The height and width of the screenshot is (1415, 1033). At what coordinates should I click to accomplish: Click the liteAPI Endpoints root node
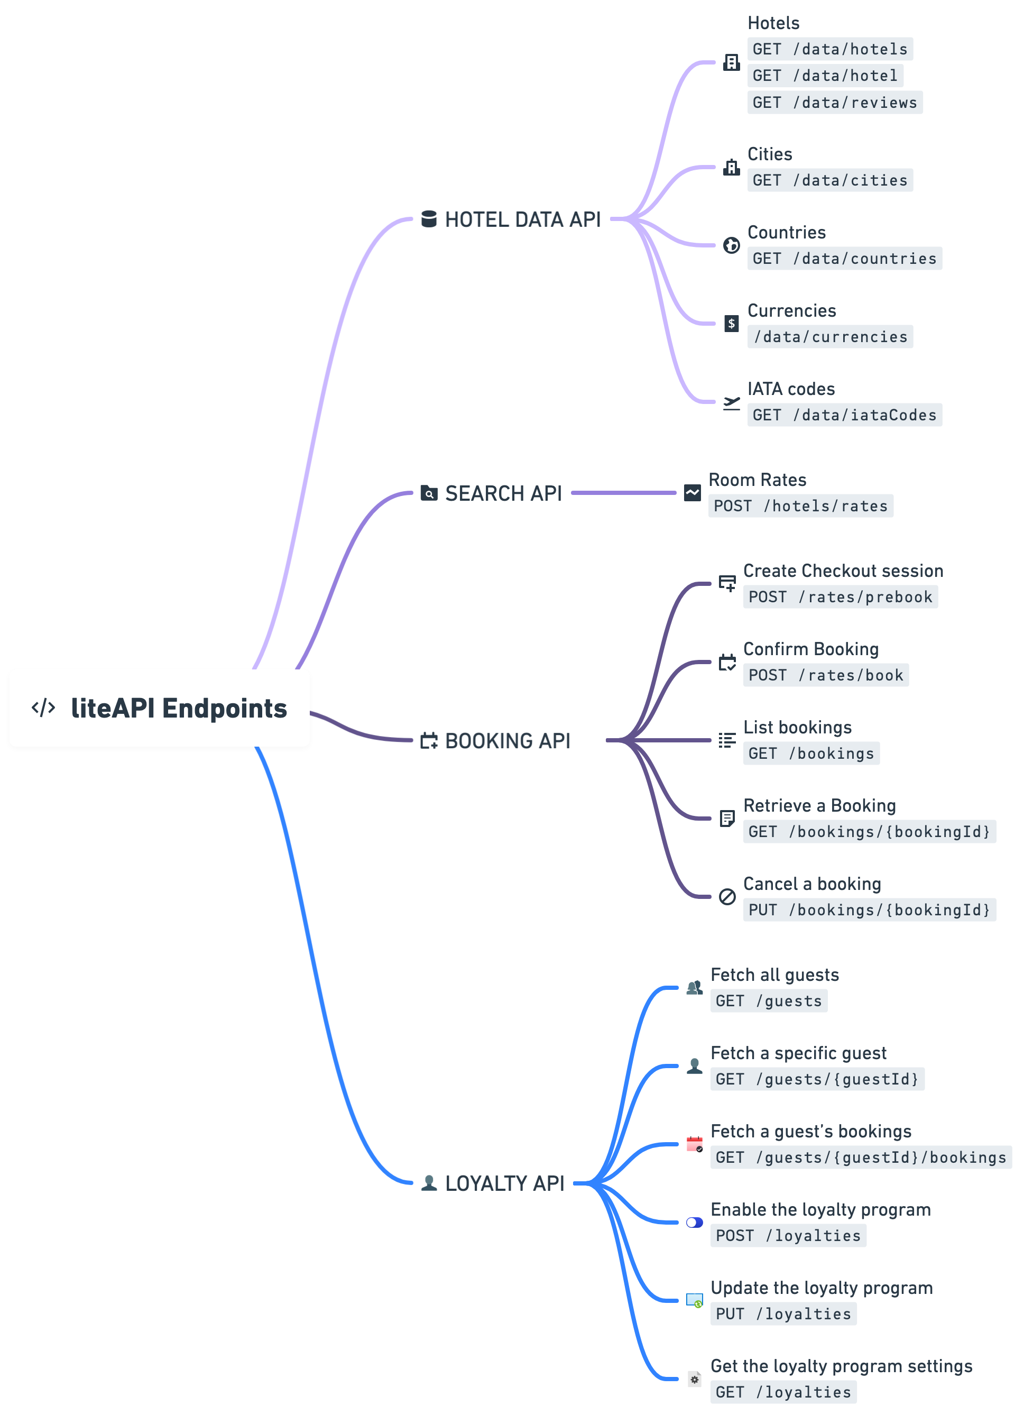[160, 708]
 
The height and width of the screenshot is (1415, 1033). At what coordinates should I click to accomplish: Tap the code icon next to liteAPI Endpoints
[43, 708]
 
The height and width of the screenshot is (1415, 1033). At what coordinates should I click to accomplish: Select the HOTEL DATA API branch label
[522, 219]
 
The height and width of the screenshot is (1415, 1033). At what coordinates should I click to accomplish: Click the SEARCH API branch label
[503, 493]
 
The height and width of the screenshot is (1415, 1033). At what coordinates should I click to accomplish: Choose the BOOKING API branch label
[507, 741]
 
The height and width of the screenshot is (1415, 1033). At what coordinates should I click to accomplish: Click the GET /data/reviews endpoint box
[834, 103]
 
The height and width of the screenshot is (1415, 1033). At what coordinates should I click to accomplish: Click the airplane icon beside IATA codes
[731, 403]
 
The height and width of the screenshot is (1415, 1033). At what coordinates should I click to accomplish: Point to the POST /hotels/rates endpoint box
[800, 506]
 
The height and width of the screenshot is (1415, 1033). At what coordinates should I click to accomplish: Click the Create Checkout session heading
[842, 571]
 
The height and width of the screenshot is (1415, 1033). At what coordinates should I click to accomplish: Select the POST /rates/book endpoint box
[825, 675]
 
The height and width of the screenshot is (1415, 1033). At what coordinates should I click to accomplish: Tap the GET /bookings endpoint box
[810, 754]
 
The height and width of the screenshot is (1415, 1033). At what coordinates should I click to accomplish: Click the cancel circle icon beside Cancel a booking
[726, 897]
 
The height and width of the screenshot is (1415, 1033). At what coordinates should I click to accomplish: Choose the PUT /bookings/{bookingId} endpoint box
[869, 910]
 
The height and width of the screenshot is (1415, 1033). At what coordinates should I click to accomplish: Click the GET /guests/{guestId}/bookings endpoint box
[861, 1157]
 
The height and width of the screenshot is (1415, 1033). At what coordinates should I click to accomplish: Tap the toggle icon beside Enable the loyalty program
[694, 1223]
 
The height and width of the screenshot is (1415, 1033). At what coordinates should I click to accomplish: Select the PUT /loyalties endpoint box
[783, 1313]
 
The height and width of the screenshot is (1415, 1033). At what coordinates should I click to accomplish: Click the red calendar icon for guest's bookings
[694, 1144]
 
